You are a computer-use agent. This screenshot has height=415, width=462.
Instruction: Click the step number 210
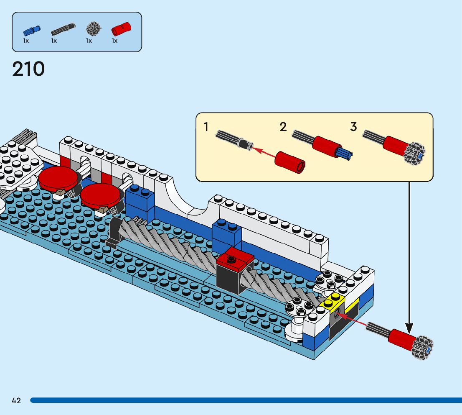28,69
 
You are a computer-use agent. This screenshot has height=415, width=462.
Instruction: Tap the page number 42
16,400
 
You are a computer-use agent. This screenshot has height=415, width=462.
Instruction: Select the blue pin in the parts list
32,30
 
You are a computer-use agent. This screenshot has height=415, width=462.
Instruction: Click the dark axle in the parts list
63,29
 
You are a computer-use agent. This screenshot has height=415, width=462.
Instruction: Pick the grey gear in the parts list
94,29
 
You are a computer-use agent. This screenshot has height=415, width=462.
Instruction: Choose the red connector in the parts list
122,29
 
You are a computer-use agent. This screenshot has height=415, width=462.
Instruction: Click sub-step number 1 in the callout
206,127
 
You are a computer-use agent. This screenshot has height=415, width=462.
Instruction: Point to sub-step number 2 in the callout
283,127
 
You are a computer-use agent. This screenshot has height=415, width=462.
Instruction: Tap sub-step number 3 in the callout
353,127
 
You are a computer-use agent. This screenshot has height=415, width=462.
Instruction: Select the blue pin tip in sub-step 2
345,154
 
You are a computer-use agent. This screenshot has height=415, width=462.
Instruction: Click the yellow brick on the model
333,302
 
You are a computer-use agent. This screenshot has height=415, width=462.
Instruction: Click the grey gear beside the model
423,348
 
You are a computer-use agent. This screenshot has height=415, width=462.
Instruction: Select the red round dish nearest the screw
100,197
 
